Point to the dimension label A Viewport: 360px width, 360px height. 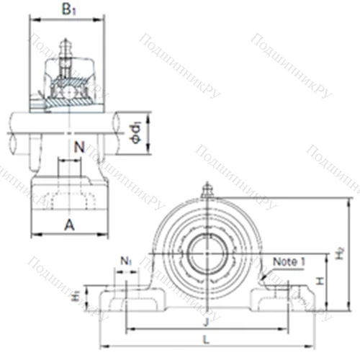tap(69, 225)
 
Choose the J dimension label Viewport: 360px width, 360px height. tap(207, 322)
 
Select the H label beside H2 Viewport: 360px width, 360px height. tap(320, 282)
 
